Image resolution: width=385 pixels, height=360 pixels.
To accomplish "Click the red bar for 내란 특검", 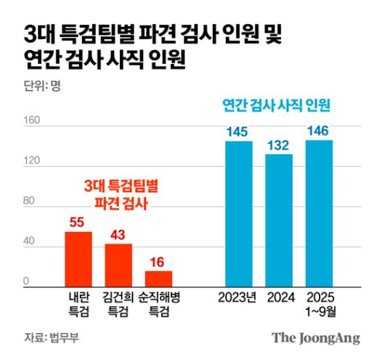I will pyautogui.click(x=78, y=259).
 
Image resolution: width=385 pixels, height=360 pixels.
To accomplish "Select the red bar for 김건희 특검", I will pyautogui.click(x=118, y=265).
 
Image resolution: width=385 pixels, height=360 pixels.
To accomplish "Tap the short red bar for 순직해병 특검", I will pyautogui.click(x=158, y=279).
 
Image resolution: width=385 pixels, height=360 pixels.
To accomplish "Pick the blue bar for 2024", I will pyautogui.click(x=278, y=220).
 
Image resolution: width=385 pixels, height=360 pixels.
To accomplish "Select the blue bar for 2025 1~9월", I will pyautogui.click(x=318, y=213).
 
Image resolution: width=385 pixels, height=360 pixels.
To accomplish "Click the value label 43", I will pyautogui.click(x=118, y=235).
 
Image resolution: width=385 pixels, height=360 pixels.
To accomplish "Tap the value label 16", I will pyautogui.click(x=158, y=262).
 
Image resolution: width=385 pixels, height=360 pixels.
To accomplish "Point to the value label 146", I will pyautogui.click(x=318, y=131).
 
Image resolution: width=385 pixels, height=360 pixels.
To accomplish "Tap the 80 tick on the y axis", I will pyautogui.click(x=31, y=202).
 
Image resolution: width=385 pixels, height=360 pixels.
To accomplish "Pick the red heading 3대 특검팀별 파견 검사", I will pyautogui.click(x=118, y=195).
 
